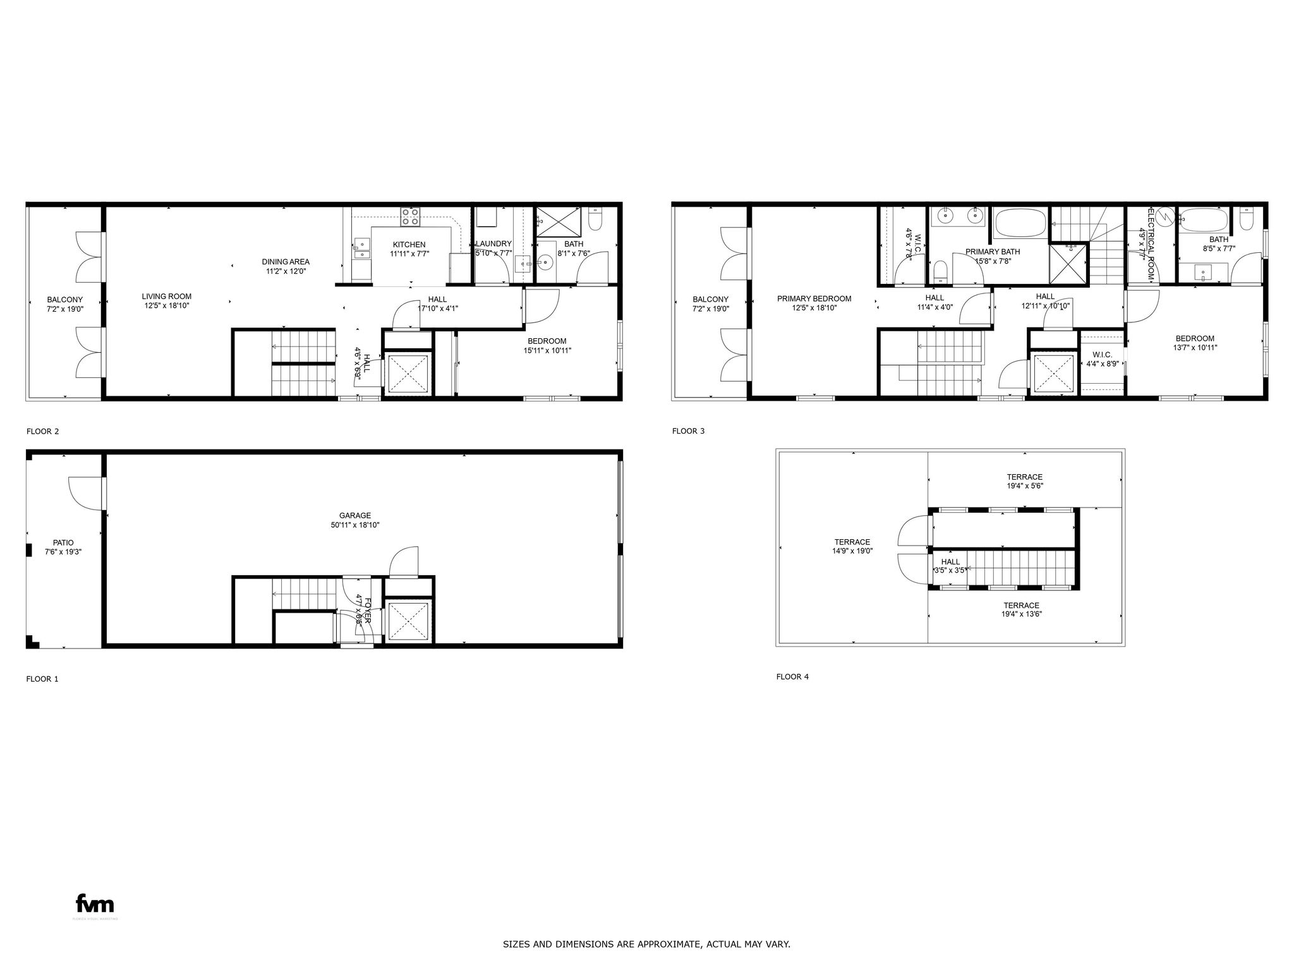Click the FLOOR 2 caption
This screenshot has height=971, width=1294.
point(42,432)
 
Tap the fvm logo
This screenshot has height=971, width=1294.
point(95,903)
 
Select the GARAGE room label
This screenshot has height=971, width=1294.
point(354,516)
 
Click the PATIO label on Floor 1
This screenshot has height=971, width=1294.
point(63,543)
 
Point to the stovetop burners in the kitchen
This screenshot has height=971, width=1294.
point(410,217)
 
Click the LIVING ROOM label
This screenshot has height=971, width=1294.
point(166,296)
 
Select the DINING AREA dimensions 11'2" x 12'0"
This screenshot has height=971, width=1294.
point(285,271)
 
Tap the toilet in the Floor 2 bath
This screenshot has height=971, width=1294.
point(595,219)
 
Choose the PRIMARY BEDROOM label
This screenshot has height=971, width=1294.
point(814,299)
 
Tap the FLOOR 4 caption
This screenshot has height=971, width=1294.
point(792,677)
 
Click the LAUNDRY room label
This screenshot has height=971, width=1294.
point(493,244)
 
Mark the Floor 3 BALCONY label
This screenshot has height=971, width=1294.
point(710,300)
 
